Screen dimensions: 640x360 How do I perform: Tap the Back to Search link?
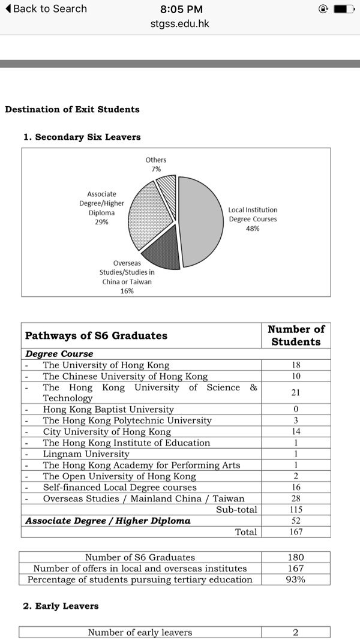point(46,9)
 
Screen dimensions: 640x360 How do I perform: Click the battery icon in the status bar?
point(344,9)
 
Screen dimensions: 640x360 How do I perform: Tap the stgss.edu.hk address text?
point(180,25)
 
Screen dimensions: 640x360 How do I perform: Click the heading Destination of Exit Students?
point(72,109)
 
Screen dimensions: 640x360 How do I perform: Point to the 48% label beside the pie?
point(252,229)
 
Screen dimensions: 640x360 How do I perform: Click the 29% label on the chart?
point(101,222)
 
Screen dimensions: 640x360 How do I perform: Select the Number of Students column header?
point(296,335)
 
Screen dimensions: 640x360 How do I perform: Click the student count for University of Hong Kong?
point(296,365)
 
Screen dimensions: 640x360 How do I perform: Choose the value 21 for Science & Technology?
point(296,393)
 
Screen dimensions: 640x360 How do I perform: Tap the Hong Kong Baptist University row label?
point(108,410)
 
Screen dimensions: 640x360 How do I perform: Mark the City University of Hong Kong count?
point(296,432)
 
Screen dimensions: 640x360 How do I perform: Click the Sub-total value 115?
point(296,510)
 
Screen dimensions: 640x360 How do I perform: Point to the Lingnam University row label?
point(86,454)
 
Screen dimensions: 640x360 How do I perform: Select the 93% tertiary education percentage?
point(296,579)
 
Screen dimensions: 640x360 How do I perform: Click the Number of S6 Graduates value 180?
point(296,557)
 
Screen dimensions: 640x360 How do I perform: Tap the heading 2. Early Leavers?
point(61,606)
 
